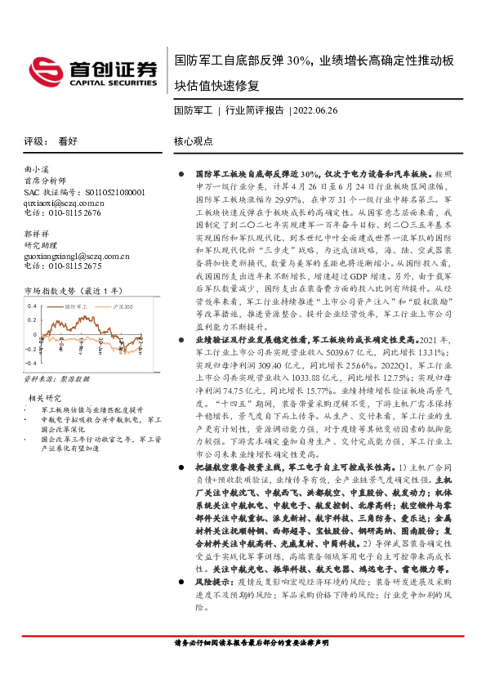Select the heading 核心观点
click(194, 141)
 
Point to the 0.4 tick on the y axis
click(33, 306)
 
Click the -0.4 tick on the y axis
click(31, 362)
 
